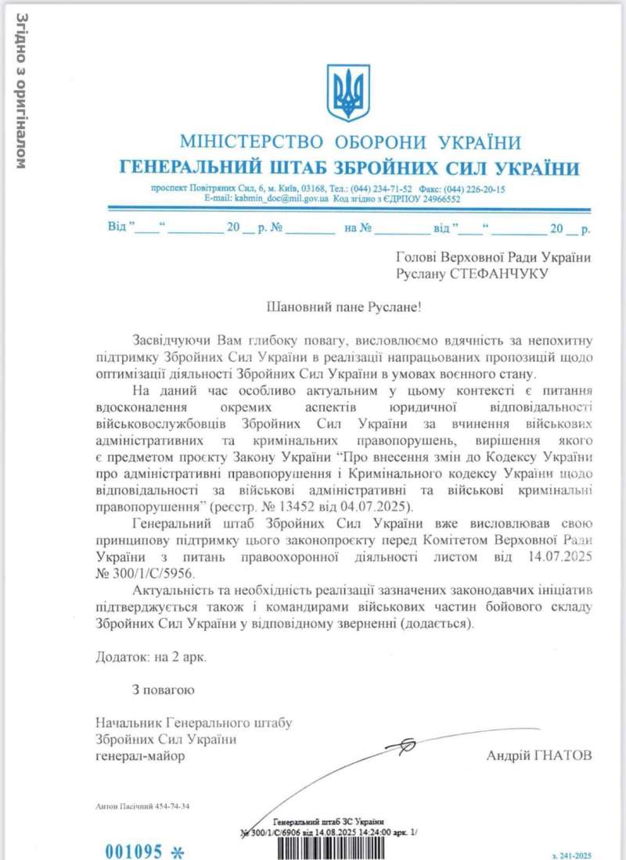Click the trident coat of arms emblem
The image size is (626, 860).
(347, 93)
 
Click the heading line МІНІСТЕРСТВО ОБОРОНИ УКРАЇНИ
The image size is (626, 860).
(350, 142)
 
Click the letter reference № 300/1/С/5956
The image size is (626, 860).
(145, 574)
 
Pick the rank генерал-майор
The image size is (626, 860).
(141, 756)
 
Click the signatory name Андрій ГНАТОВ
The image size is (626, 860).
(539, 755)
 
